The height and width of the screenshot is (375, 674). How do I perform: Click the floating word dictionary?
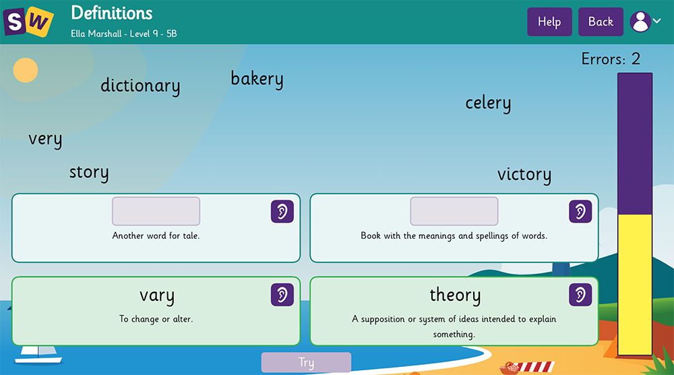pyautogui.click(x=140, y=86)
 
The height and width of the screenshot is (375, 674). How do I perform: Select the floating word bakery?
pyautogui.click(x=257, y=79)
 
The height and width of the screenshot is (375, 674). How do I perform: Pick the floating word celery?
pyautogui.click(x=488, y=103)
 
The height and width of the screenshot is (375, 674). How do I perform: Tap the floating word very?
pyautogui.click(x=45, y=139)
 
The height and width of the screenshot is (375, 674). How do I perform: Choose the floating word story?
pyautogui.click(x=89, y=172)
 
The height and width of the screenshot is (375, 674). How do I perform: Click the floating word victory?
pyautogui.click(x=524, y=175)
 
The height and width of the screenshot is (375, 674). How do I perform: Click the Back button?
pyautogui.click(x=601, y=22)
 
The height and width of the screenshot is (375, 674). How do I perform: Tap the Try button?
pyautogui.click(x=306, y=362)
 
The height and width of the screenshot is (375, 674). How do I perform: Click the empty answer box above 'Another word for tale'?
pyautogui.click(x=156, y=211)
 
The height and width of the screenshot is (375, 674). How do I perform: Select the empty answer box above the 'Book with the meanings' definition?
pyautogui.click(x=454, y=211)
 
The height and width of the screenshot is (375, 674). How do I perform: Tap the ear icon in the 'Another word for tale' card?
pyautogui.click(x=282, y=212)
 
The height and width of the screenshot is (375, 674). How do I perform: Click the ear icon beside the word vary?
pyautogui.click(x=282, y=295)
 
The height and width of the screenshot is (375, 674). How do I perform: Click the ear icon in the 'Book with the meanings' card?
pyautogui.click(x=580, y=212)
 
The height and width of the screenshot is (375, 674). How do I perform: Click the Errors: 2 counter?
pyautogui.click(x=611, y=59)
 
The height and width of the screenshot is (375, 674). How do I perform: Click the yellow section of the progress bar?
pyautogui.click(x=635, y=283)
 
